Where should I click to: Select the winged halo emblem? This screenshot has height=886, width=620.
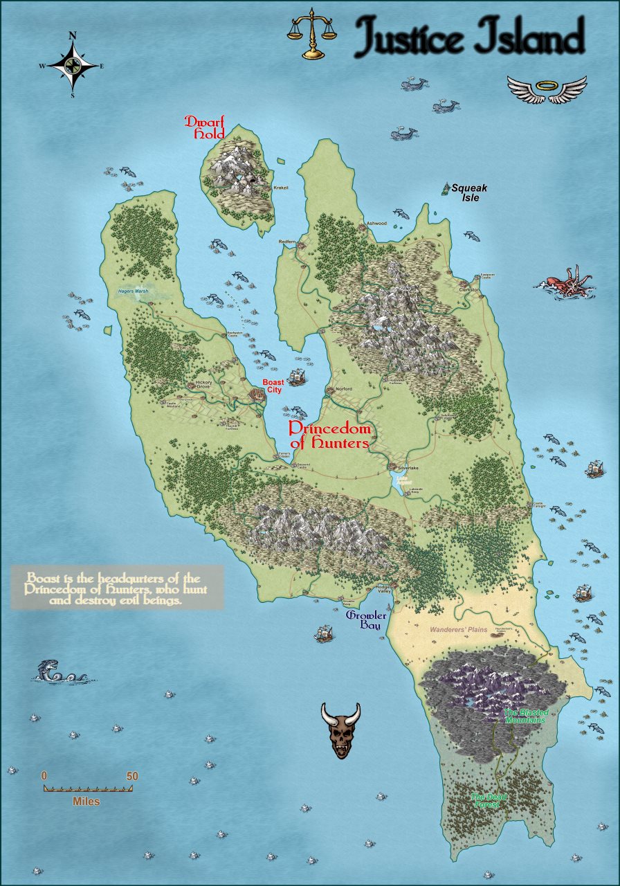pyautogui.click(x=547, y=89)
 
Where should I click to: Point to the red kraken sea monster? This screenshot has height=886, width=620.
pyautogui.click(x=569, y=282)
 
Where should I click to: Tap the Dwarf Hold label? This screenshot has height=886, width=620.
pyautogui.click(x=205, y=127)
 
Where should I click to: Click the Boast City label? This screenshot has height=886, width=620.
pyautogui.click(x=274, y=386)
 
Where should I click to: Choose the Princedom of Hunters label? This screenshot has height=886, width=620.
pyautogui.click(x=329, y=436)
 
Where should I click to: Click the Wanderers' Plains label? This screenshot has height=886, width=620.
pyautogui.click(x=458, y=630)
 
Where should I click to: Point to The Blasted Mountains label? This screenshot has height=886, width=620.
pyautogui.click(x=525, y=716)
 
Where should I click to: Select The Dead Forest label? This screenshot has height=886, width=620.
pyautogui.click(x=489, y=801)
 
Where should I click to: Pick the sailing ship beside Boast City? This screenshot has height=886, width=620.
pyautogui.click(x=297, y=377)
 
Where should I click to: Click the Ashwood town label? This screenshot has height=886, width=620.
pyautogui.click(x=376, y=224)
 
